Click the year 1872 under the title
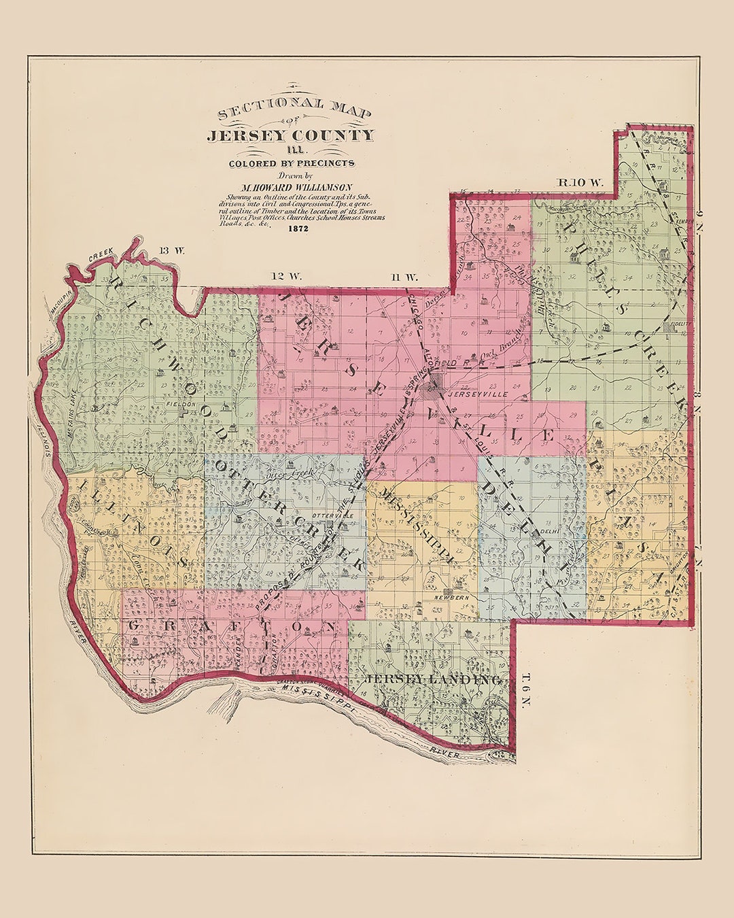click(298, 229)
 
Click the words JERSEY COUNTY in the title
click(290, 135)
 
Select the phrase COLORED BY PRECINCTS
click(292, 163)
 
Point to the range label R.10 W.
click(580, 182)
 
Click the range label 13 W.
click(171, 250)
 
